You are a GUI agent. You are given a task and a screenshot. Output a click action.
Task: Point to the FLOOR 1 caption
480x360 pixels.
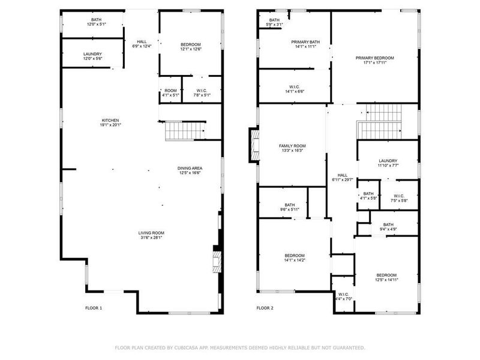pyautogui.click(x=94, y=308)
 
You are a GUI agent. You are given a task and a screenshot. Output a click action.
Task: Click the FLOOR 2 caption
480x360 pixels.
pyautogui.click(x=265, y=308)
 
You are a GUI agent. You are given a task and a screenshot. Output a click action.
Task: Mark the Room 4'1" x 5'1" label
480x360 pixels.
pyautogui.click(x=170, y=92)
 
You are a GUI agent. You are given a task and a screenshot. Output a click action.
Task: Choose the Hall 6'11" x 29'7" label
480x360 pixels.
pyautogui.click(x=343, y=176)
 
